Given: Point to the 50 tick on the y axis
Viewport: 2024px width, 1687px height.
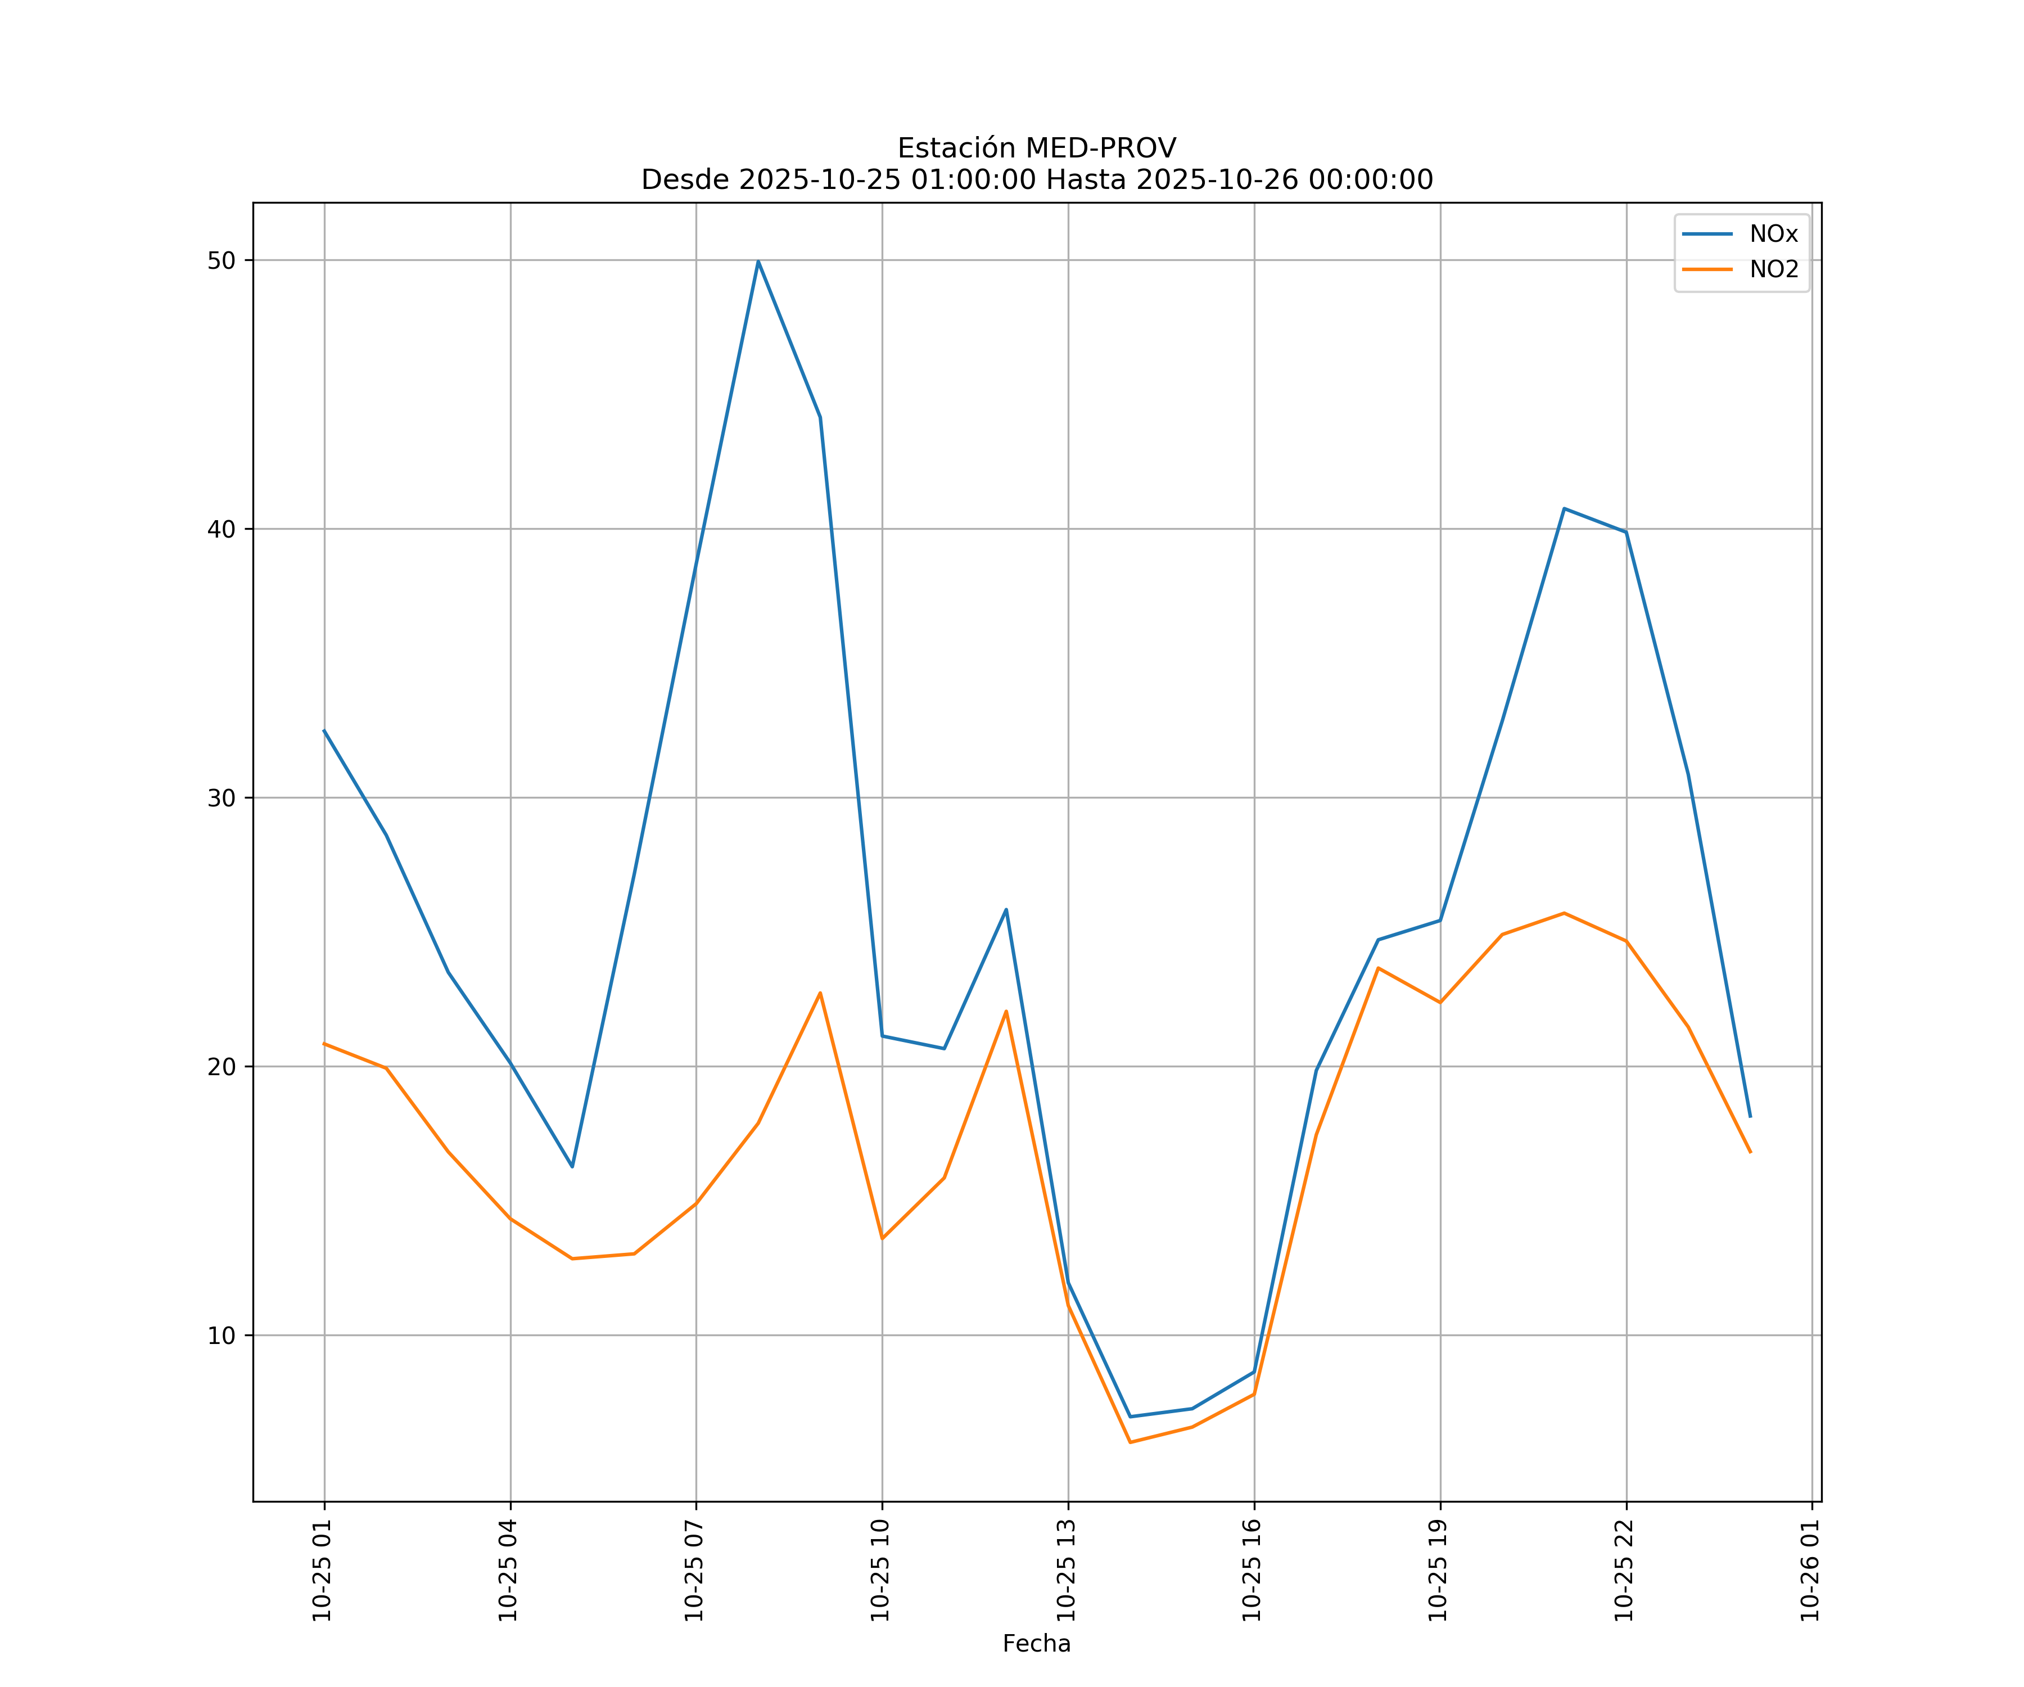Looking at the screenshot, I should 222,260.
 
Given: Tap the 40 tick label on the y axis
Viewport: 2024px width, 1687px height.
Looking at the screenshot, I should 222,529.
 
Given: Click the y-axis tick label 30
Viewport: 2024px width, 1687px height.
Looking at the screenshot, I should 222,798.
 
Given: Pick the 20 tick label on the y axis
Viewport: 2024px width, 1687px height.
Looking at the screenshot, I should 222,1067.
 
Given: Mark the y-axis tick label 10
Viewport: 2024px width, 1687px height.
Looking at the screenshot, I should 222,1336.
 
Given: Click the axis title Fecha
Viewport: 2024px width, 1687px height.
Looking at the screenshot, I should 1036,1644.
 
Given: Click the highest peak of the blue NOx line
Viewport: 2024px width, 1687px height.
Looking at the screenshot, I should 758,261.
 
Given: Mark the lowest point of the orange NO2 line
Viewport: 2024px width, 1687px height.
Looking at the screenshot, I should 1130,1442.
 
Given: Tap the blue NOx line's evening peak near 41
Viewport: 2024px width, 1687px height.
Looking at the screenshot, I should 1564,508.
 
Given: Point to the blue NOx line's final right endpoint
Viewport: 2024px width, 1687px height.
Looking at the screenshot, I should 1749,1116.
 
